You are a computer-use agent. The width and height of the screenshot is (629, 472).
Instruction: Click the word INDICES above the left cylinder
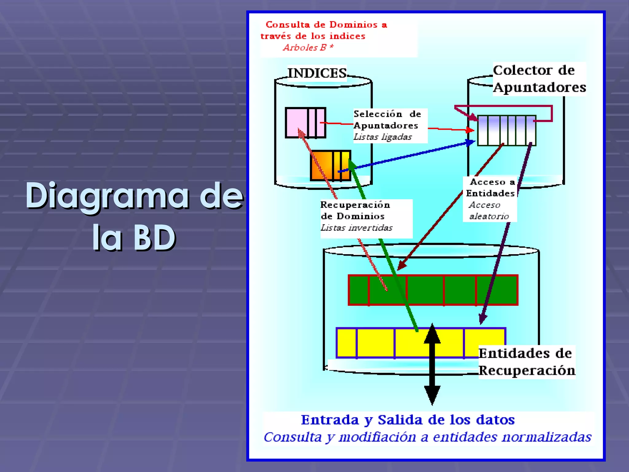317,73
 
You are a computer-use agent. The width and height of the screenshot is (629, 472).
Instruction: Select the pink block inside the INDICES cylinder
296,122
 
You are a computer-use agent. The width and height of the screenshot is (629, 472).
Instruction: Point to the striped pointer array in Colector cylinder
506,130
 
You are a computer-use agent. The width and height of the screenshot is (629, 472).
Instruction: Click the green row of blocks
433,290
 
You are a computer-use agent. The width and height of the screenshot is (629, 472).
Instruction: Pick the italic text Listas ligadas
382,137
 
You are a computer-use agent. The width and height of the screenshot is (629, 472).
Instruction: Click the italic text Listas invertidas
356,228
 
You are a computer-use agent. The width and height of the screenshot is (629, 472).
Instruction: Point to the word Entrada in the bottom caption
330,420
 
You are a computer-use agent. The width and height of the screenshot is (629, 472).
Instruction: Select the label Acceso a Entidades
490,188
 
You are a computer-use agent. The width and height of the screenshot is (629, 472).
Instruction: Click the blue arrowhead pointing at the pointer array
470,143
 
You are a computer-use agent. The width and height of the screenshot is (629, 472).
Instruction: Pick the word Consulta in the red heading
287,25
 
